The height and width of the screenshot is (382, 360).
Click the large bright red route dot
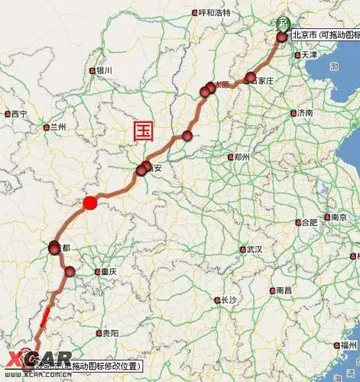point(90,202)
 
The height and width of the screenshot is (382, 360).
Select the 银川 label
point(104,70)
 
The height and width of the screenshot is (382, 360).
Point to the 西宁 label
point(19,114)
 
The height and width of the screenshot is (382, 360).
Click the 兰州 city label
point(58,126)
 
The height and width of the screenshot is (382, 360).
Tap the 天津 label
point(308,55)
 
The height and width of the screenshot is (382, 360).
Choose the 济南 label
point(304,113)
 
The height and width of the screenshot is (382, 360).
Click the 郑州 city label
point(242,157)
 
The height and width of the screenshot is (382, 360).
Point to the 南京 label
point(340,217)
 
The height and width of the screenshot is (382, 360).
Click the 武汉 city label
point(254,250)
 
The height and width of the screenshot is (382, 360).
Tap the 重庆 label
point(108,271)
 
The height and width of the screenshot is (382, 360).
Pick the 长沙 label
point(227,300)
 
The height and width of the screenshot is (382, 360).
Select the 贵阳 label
point(110,334)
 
